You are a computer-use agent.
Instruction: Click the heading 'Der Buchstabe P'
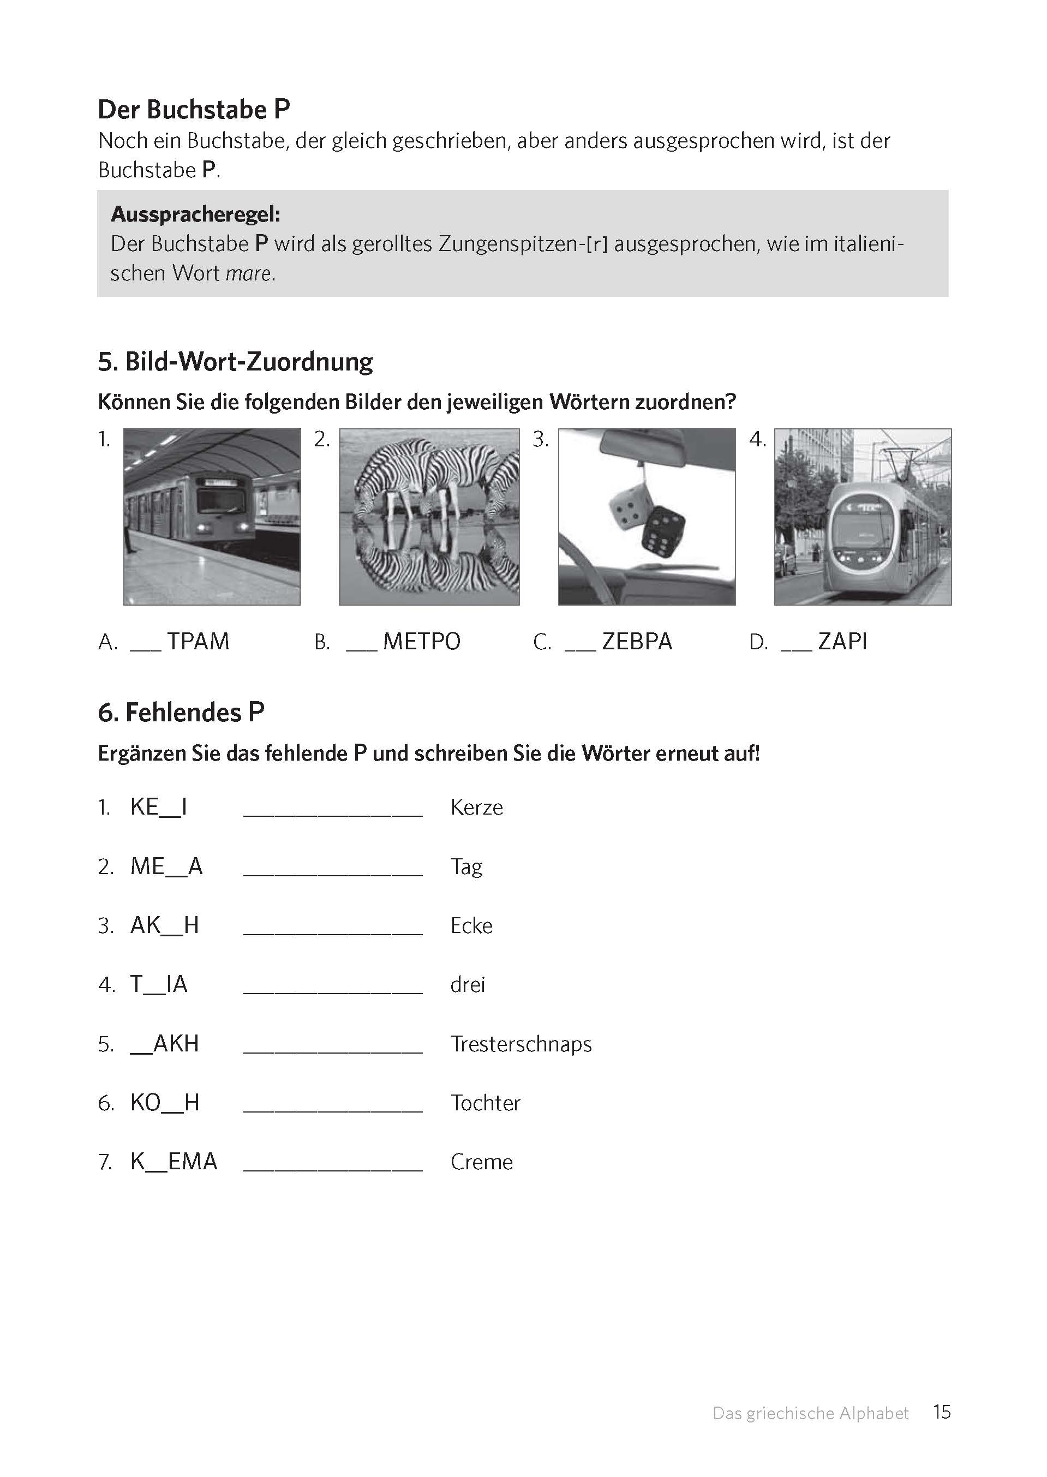[x=193, y=110]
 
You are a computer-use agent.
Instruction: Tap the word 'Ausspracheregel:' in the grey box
[x=195, y=214]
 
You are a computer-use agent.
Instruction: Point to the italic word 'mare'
[x=248, y=274]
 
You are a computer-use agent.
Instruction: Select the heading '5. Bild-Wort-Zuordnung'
[x=235, y=362]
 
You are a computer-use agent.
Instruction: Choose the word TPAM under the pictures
[x=198, y=642]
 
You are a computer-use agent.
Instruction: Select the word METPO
[x=422, y=642]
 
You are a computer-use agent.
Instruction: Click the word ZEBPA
[x=637, y=642]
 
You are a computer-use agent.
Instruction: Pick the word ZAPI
[x=842, y=642]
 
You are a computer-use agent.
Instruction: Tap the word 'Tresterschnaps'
[x=521, y=1044]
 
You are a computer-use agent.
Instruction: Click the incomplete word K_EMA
[x=173, y=1162]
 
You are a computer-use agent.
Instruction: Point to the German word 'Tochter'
[x=485, y=1103]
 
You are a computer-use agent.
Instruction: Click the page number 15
[x=942, y=1412]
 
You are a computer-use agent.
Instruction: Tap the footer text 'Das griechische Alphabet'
[x=810, y=1413]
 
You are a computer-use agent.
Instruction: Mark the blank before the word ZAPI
[x=795, y=647]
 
